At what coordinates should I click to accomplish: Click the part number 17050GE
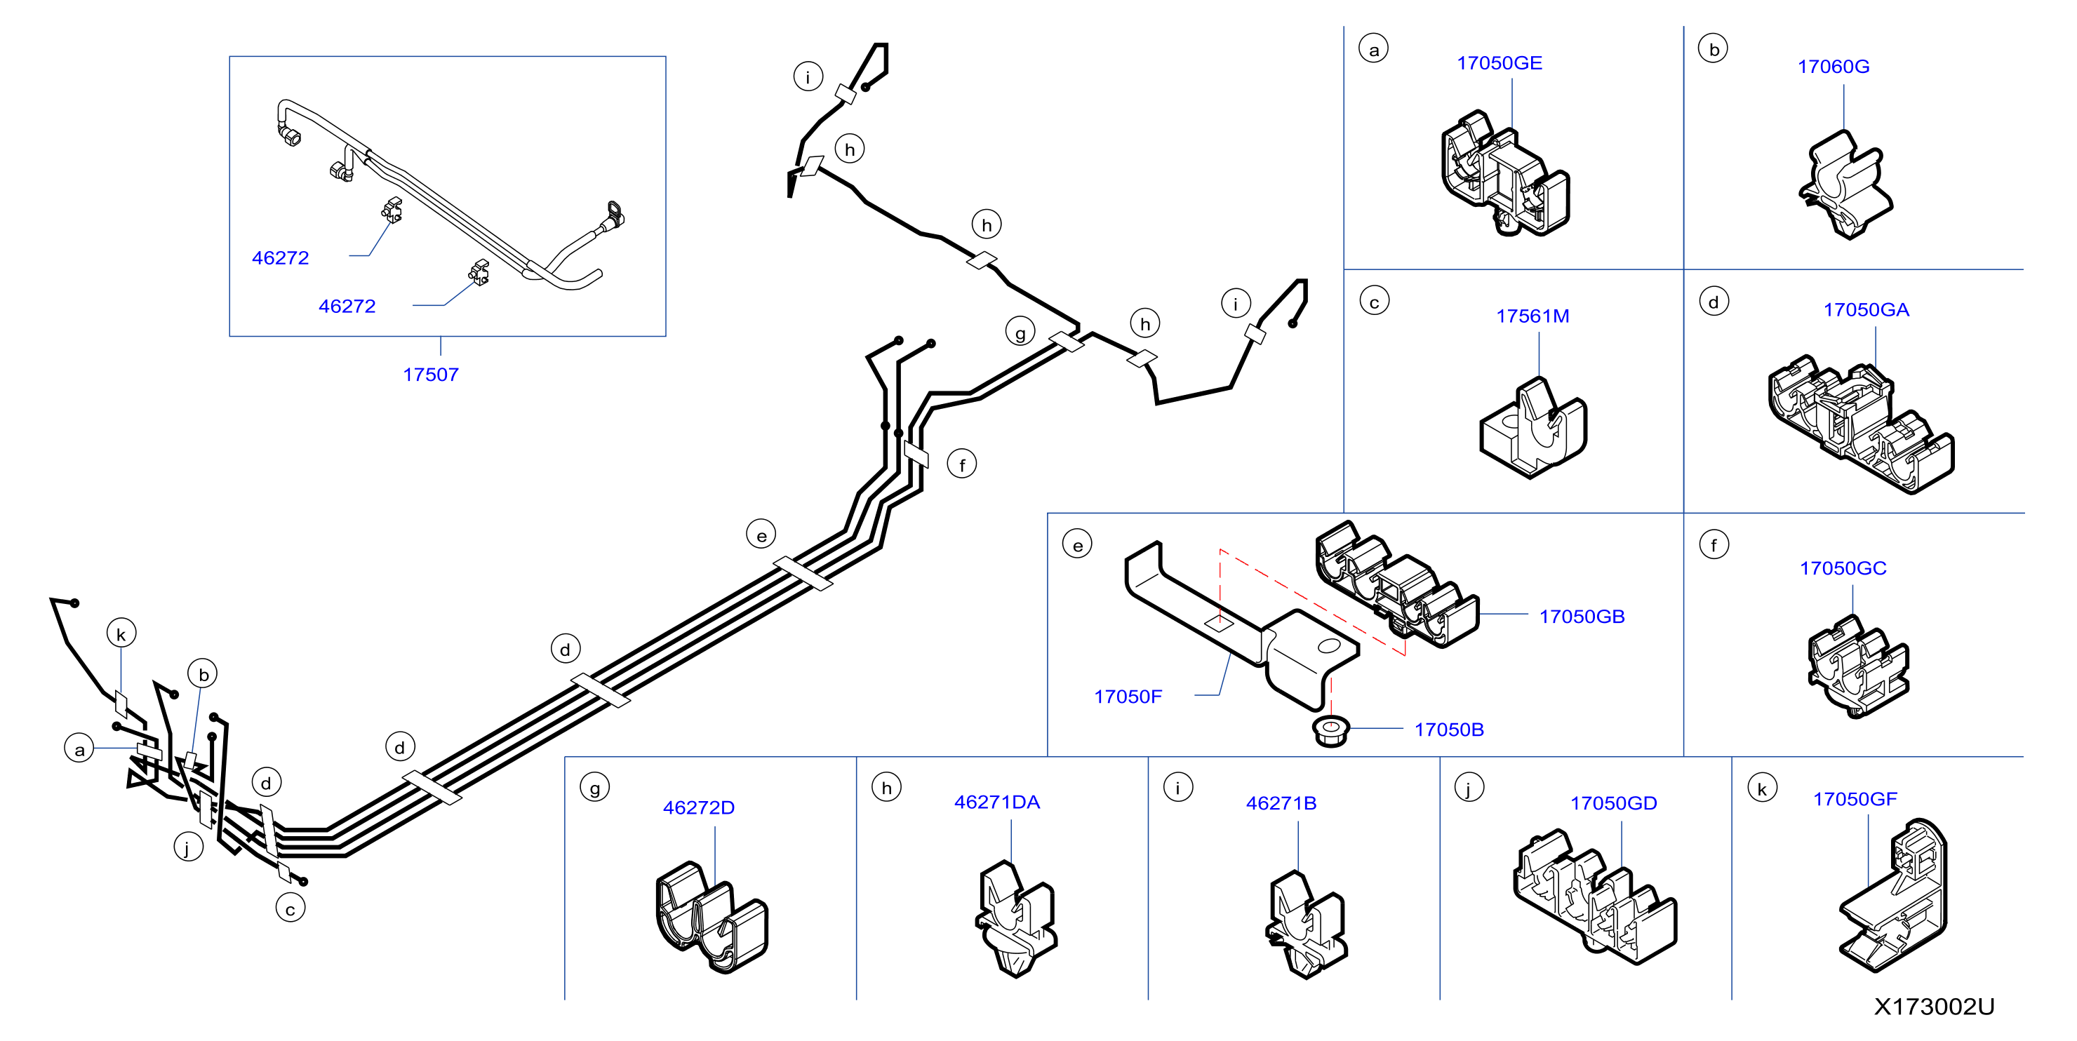click(x=1499, y=63)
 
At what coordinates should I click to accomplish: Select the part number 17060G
click(x=1833, y=66)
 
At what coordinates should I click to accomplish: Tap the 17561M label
click(x=1532, y=316)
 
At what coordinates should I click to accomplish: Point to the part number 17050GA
click(x=1866, y=309)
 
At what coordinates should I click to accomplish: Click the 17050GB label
click(x=1581, y=617)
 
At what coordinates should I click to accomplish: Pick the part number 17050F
click(x=1127, y=697)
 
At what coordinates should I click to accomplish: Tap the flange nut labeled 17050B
click(x=1331, y=730)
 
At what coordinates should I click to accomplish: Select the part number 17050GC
click(x=1843, y=568)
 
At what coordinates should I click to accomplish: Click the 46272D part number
click(x=698, y=807)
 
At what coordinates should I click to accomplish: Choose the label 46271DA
click(x=996, y=802)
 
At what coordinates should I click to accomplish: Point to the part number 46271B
click(x=1281, y=803)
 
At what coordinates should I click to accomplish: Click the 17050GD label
click(x=1613, y=803)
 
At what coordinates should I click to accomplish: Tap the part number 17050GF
click(x=1855, y=799)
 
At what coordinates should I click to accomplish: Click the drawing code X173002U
click(x=1933, y=1007)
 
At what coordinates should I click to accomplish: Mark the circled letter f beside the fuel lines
click(x=961, y=464)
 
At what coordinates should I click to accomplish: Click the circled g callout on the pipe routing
click(x=1020, y=331)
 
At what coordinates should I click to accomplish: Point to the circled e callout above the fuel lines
click(x=761, y=534)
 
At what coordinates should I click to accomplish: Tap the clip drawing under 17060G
click(x=1845, y=184)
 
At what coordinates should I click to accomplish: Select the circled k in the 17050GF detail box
click(x=1762, y=788)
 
